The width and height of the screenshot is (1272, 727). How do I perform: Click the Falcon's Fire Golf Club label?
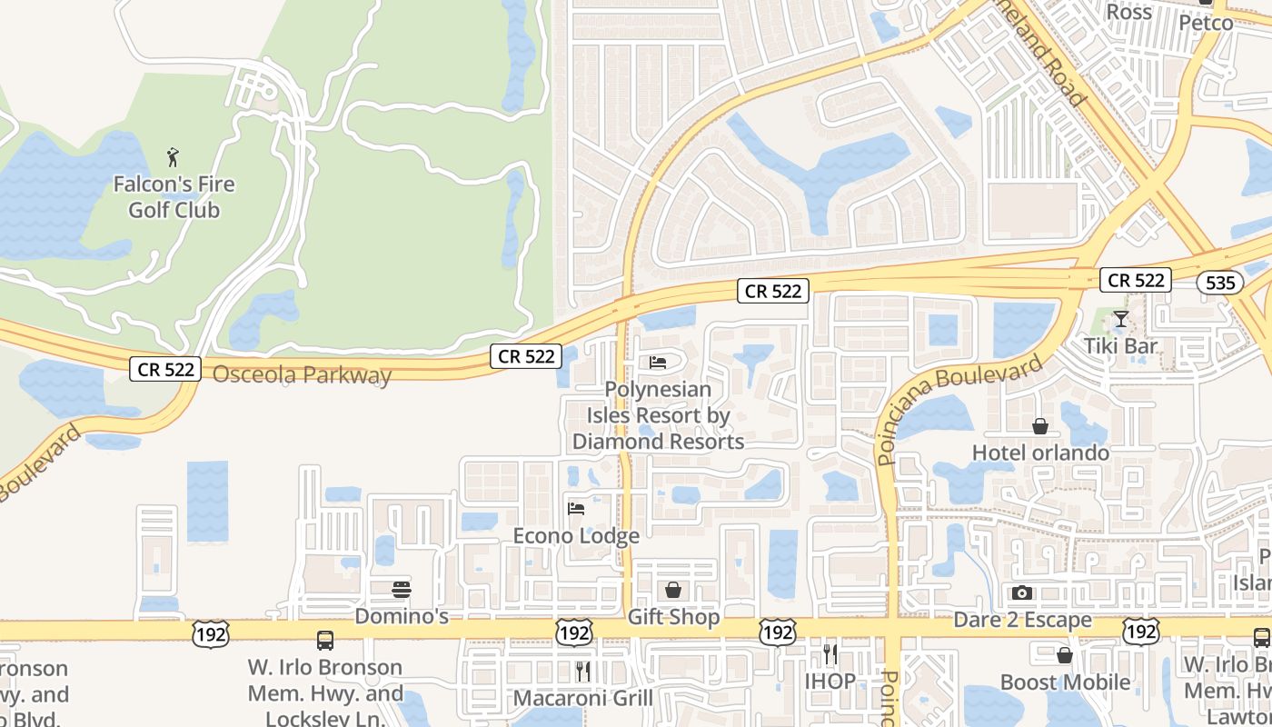(x=174, y=197)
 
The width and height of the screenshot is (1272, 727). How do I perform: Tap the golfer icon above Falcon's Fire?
(x=174, y=158)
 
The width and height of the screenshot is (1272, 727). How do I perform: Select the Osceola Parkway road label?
(x=302, y=374)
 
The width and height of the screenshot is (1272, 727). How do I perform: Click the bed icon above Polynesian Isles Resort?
(x=659, y=363)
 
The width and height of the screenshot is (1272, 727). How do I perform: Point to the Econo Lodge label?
(x=576, y=536)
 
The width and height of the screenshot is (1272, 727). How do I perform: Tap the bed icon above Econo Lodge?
(x=576, y=509)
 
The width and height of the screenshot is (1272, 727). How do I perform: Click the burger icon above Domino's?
(x=402, y=590)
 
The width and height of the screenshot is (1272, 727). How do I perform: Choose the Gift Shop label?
(x=674, y=617)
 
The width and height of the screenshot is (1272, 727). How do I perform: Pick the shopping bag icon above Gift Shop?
(x=673, y=591)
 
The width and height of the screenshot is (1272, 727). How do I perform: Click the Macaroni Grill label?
(x=583, y=698)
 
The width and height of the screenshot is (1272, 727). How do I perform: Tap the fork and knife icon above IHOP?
(x=830, y=653)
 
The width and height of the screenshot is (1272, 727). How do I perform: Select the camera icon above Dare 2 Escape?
(x=1022, y=593)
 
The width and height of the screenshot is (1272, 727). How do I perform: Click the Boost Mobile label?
(x=1065, y=682)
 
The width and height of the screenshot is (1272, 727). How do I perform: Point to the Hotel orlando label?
(x=1040, y=453)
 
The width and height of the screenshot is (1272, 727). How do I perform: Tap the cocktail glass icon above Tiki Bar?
(x=1121, y=319)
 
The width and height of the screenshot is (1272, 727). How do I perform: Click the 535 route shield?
(x=1219, y=283)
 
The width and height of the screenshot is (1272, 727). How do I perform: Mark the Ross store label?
(x=1129, y=12)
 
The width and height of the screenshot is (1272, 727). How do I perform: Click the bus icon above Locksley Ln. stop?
(x=325, y=641)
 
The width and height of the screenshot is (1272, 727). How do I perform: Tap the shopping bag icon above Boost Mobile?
(x=1065, y=655)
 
